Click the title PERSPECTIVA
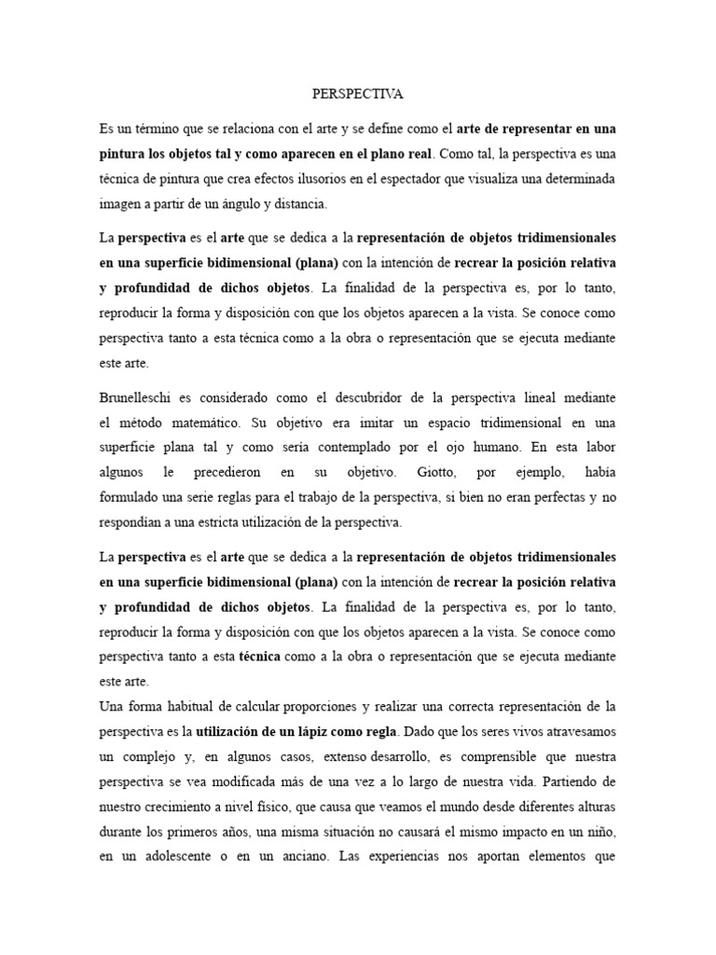coord(357,94)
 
